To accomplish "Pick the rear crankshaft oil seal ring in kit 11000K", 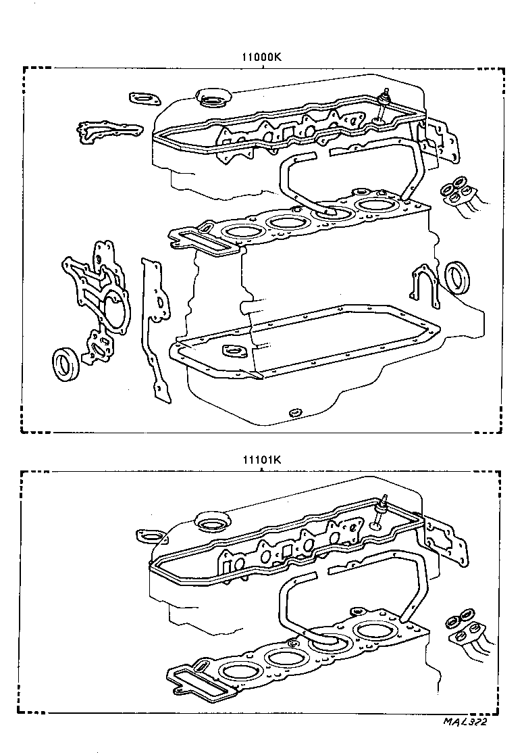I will tap(459, 277).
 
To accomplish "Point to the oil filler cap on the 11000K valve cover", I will tap(211, 99).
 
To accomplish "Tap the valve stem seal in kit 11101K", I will tap(381, 511).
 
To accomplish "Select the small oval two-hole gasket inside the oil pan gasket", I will tap(233, 351).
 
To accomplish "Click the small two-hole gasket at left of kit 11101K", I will tap(151, 536).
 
